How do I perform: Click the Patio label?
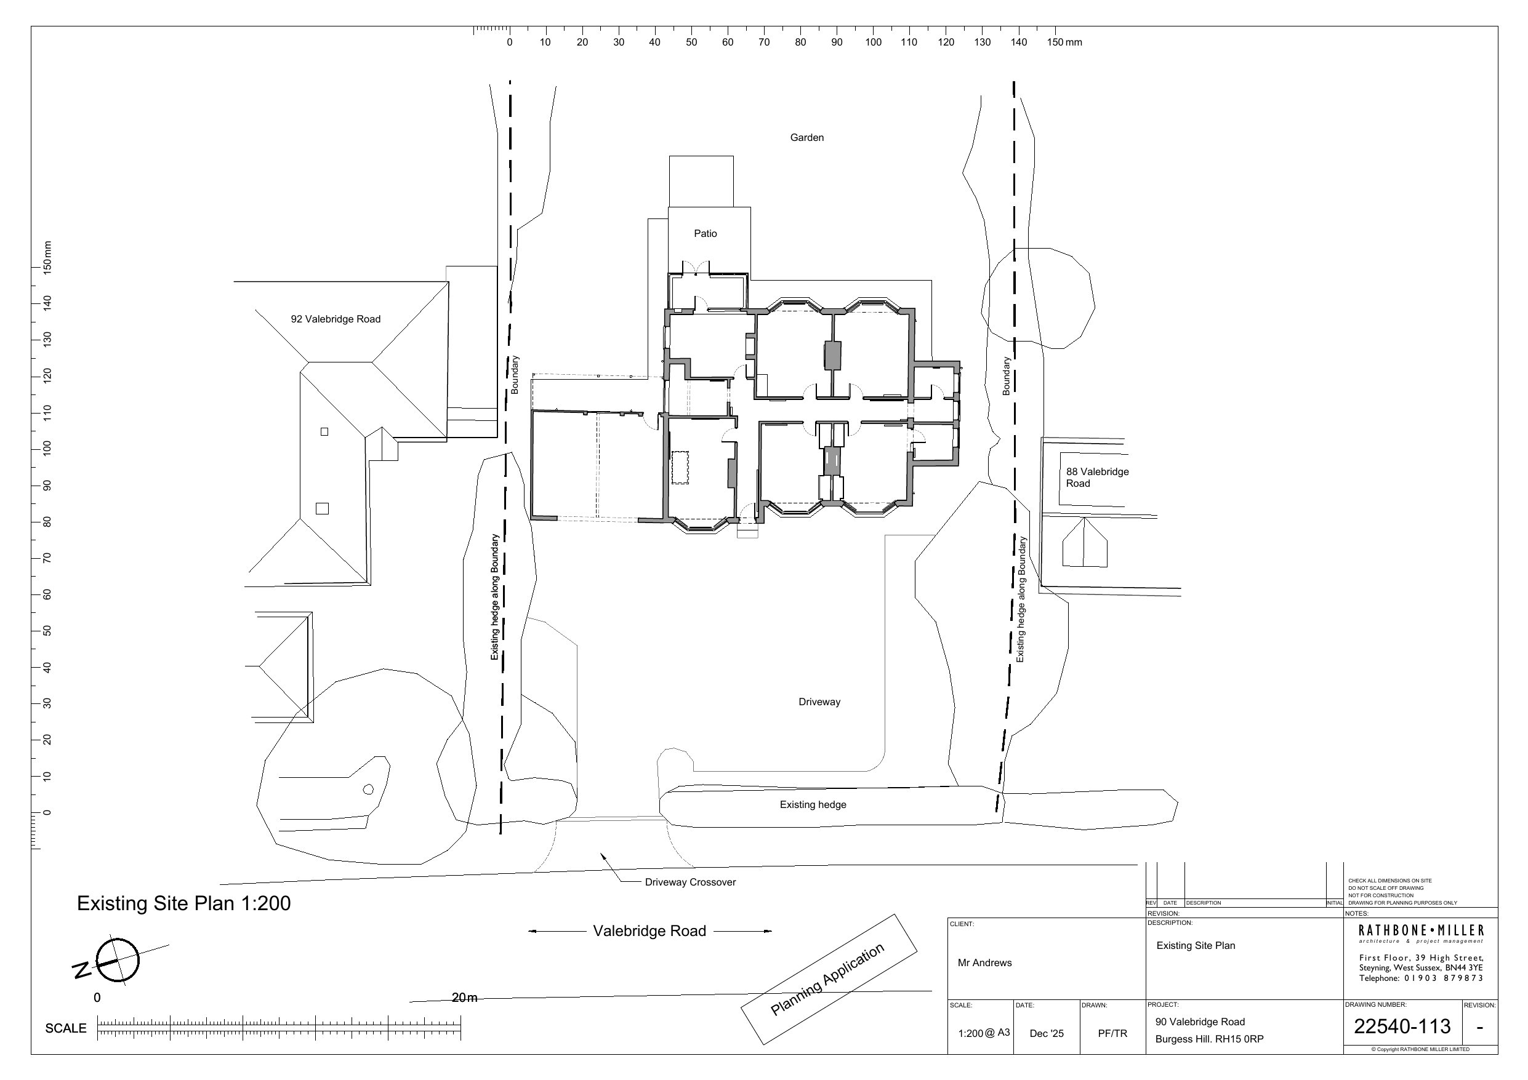706,234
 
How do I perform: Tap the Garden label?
806,138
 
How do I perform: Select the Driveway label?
819,702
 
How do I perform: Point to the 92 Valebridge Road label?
336,319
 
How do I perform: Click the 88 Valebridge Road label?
1098,477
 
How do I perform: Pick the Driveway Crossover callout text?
690,882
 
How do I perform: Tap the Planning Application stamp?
829,980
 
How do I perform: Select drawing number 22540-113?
1402,1026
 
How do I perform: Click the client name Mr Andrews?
984,963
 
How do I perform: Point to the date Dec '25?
1046,1033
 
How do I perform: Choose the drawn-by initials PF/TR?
1112,1033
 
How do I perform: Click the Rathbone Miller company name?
1421,930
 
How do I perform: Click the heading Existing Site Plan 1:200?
183,903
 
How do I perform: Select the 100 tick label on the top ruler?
873,42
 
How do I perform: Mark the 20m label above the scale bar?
465,998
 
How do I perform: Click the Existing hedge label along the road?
813,805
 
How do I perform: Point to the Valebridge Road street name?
649,931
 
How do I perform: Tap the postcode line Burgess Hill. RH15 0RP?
1209,1039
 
